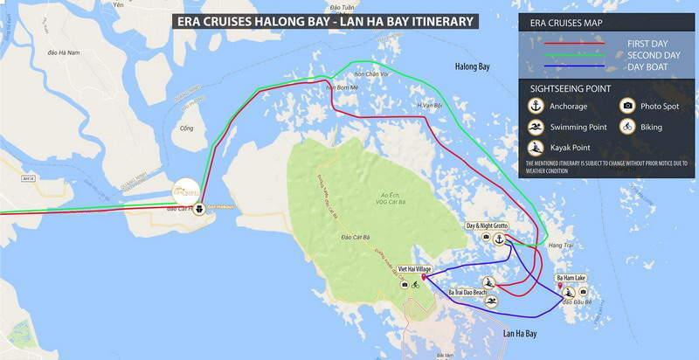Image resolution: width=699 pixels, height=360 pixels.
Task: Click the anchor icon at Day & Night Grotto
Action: [498, 238]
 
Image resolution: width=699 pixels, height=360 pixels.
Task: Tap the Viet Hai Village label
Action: [415, 270]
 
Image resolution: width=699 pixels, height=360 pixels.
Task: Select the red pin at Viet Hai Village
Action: [424, 278]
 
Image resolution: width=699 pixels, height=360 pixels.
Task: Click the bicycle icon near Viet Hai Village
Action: [415, 284]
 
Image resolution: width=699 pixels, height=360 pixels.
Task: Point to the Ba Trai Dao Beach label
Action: [467, 291]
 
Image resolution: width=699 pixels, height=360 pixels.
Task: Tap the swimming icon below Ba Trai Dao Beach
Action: [492, 301]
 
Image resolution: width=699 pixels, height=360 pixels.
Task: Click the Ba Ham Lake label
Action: [574, 278]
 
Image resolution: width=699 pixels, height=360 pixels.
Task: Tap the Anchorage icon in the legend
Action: [537, 107]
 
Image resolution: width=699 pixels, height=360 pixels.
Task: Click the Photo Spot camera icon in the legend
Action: [626, 107]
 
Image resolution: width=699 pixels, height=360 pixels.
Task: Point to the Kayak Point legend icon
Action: [537, 146]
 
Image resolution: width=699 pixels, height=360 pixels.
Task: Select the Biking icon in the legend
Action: [626, 127]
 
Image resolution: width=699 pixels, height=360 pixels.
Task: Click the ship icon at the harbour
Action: [200, 208]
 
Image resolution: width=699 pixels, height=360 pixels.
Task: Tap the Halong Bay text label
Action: [474, 66]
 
